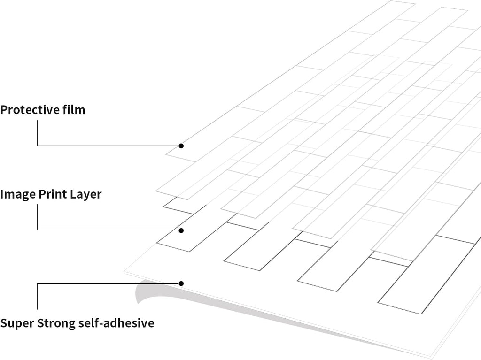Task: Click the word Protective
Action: pyautogui.click(x=30, y=110)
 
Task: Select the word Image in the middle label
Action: pyautogui.click(x=18, y=195)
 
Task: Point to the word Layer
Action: pyautogui.click(x=86, y=195)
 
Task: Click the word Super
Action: pyautogui.click(x=17, y=323)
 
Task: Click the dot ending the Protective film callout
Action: pyautogui.click(x=181, y=146)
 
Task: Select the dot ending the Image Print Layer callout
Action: pyautogui.click(x=181, y=230)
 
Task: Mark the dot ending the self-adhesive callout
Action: pyautogui.click(x=181, y=283)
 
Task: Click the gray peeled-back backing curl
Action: pyautogui.click(x=147, y=290)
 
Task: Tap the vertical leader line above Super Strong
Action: pyautogui.click(x=37, y=296)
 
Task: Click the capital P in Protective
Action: pyautogui.click(x=4, y=110)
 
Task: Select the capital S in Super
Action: pyautogui.click(x=4, y=323)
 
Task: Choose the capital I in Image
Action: pyautogui.click(x=1, y=194)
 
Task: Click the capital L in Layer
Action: pyautogui.click(x=73, y=194)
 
